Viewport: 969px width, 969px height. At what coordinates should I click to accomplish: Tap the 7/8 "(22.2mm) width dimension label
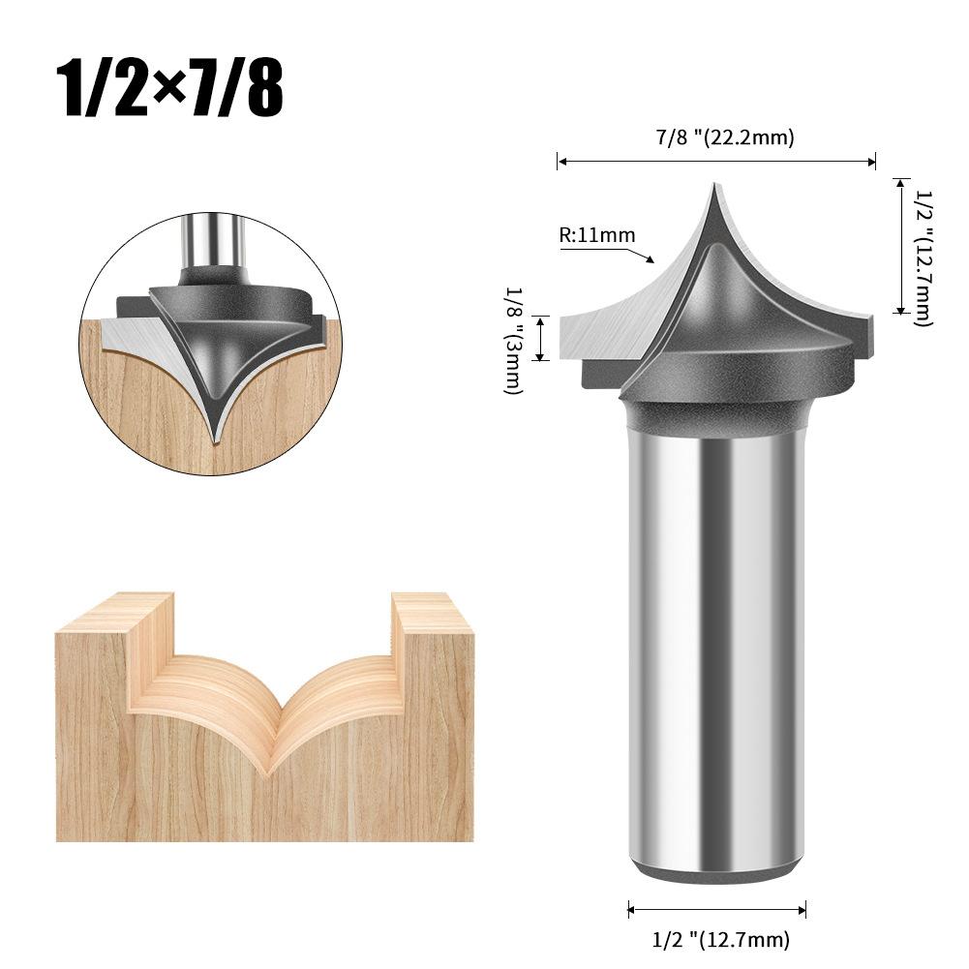tap(724, 137)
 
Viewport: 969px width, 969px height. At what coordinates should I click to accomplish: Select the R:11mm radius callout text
tap(596, 235)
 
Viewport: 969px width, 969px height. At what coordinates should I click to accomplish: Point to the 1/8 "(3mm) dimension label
tap(513, 339)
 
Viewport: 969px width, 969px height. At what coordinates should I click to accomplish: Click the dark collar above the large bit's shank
tap(716, 411)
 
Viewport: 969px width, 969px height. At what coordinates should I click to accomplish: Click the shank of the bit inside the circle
tap(210, 242)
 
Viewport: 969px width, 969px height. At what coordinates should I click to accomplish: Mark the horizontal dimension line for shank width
tap(716, 909)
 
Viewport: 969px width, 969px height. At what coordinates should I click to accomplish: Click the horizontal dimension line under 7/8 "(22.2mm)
tap(716, 162)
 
